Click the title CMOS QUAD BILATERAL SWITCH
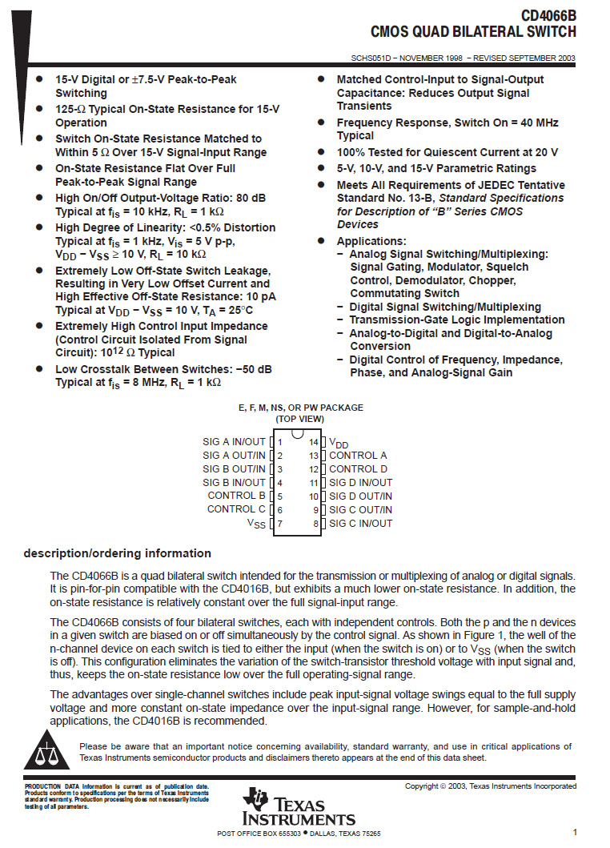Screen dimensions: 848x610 [x=473, y=32]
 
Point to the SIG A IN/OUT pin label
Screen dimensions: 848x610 [x=234, y=441]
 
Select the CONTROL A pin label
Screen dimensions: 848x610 [x=358, y=455]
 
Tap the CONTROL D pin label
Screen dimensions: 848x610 [x=358, y=468]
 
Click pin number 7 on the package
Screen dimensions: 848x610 [x=279, y=523]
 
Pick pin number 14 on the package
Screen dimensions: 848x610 [x=314, y=441]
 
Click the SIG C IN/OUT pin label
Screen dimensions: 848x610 [x=360, y=523]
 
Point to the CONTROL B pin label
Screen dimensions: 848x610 [x=236, y=496]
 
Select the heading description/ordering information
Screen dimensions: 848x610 [x=117, y=553]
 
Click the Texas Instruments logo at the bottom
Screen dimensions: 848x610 [x=299, y=807]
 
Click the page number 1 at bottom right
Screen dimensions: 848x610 [x=575, y=833]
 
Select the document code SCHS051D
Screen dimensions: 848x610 [x=372, y=58]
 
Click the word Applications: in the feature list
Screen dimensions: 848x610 [x=371, y=241]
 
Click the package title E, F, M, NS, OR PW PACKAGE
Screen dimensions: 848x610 [x=300, y=408]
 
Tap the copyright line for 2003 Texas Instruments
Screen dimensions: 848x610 [x=490, y=786]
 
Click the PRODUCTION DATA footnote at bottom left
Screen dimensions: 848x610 [x=116, y=796]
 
